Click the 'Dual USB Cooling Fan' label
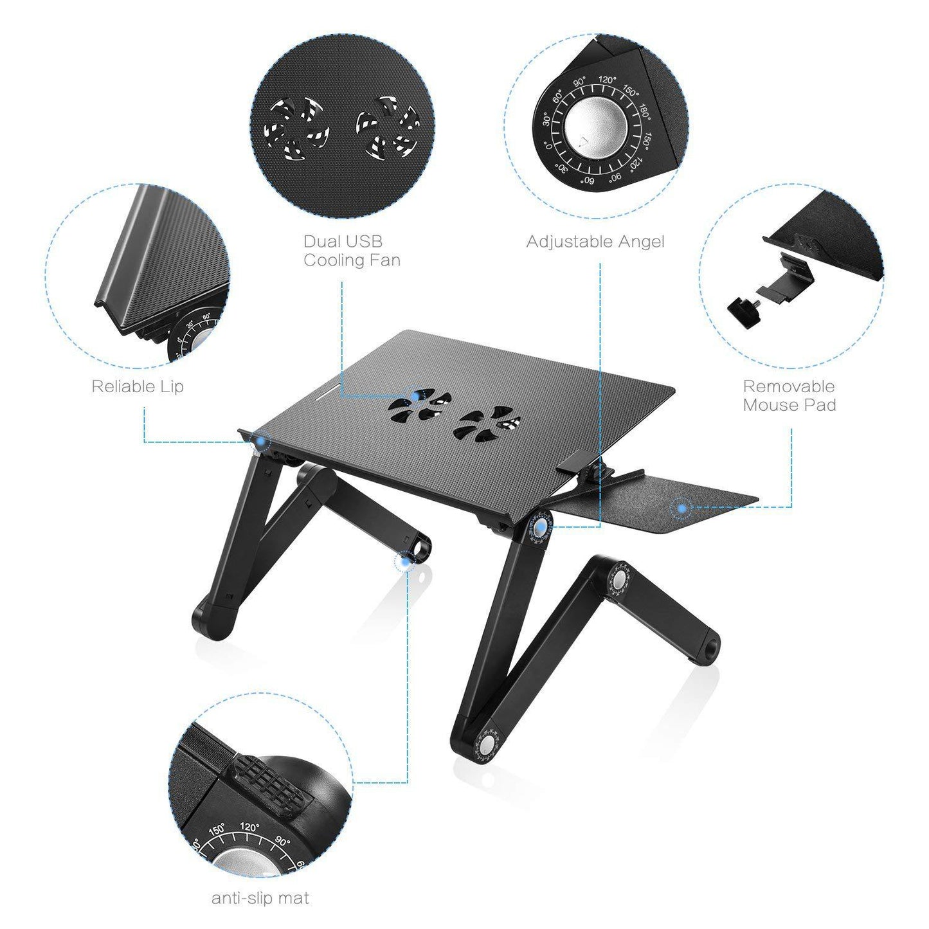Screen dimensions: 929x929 (x=352, y=251)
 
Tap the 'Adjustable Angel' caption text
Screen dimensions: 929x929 (x=595, y=242)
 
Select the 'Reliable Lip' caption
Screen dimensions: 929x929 (x=137, y=386)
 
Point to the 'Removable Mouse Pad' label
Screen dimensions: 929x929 (x=789, y=395)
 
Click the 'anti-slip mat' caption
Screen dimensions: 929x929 (x=260, y=898)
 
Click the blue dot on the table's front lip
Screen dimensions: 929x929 (x=261, y=441)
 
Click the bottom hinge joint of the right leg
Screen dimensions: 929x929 (x=486, y=744)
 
